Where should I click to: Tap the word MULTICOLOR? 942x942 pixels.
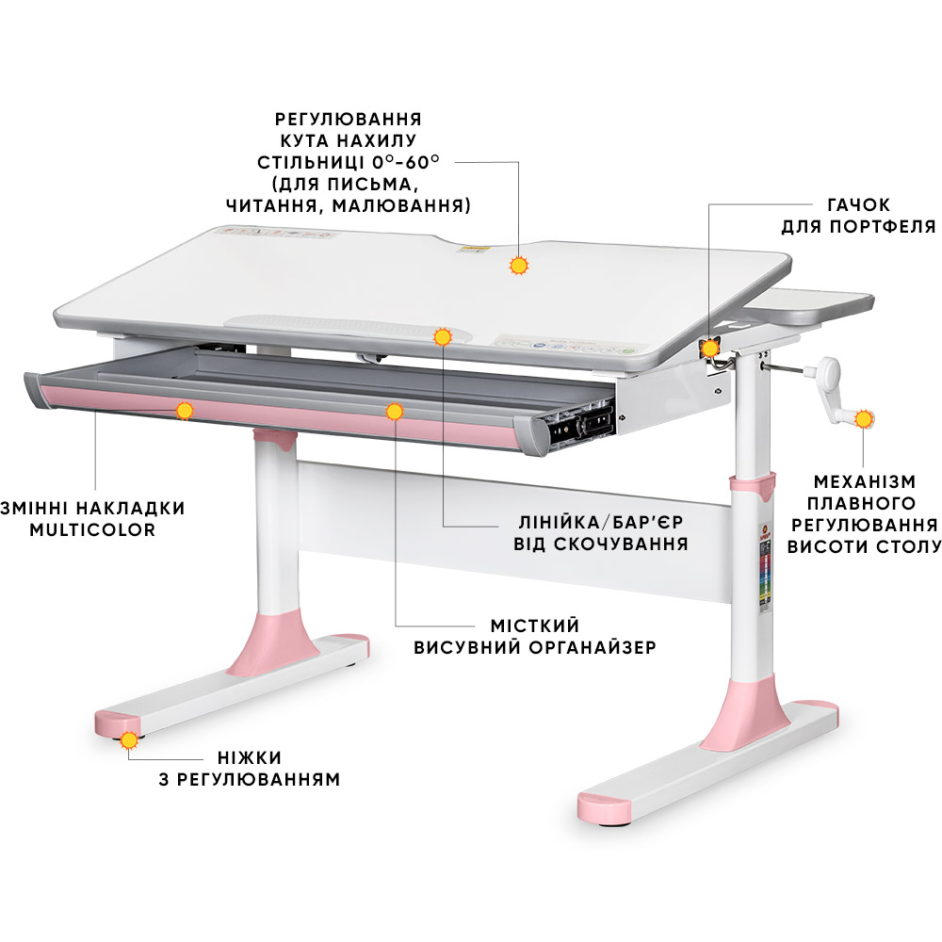(91, 529)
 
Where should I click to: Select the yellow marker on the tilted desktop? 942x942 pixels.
(517, 266)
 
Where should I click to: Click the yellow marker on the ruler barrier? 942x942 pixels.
(442, 337)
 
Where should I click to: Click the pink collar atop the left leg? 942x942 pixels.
(275, 439)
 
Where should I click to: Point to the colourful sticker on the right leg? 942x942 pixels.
(764, 575)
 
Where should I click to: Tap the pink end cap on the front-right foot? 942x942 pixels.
(605, 806)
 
